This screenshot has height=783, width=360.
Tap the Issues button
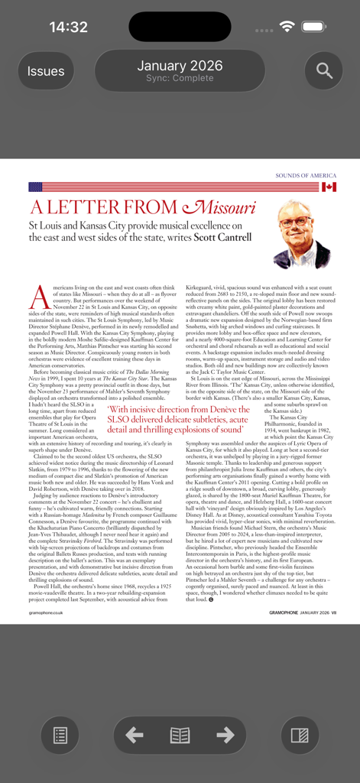(x=46, y=71)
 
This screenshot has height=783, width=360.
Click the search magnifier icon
(x=324, y=71)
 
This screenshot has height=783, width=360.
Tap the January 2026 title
(x=180, y=66)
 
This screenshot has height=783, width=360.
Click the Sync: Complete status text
(x=180, y=79)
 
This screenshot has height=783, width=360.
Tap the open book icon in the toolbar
(x=180, y=736)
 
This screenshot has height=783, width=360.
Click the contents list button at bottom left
(x=60, y=736)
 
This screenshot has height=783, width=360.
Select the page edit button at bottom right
(x=300, y=736)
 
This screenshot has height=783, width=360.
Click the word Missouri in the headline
(x=219, y=207)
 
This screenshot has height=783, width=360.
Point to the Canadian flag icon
(x=329, y=187)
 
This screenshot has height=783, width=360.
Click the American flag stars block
(x=35, y=187)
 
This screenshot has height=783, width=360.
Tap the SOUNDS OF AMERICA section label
(x=306, y=176)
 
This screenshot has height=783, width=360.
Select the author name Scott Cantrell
(x=222, y=238)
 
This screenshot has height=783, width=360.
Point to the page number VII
(x=334, y=612)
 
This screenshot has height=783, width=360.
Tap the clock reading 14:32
(x=68, y=28)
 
